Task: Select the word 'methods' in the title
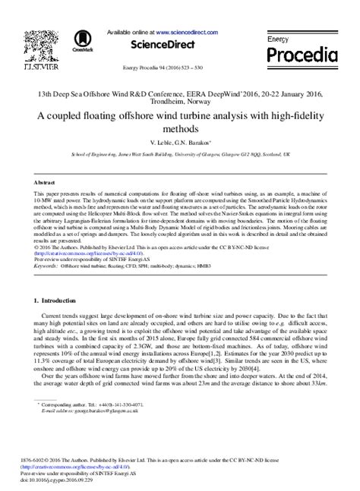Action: (180, 129)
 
